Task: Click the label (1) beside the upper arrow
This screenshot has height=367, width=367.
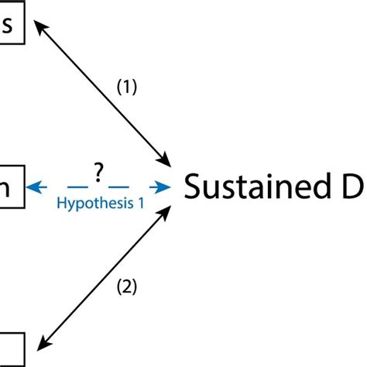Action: pyautogui.click(x=127, y=88)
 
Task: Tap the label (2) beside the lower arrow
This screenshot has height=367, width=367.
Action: pyautogui.click(x=126, y=287)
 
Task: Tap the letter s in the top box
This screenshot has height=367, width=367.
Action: pyautogui.click(x=9, y=26)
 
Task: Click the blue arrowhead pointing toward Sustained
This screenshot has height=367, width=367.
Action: pyautogui.click(x=165, y=187)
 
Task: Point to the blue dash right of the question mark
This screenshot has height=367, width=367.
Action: pyautogui.click(x=118, y=187)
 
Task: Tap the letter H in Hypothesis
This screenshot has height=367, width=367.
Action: pyautogui.click(x=62, y=202)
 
